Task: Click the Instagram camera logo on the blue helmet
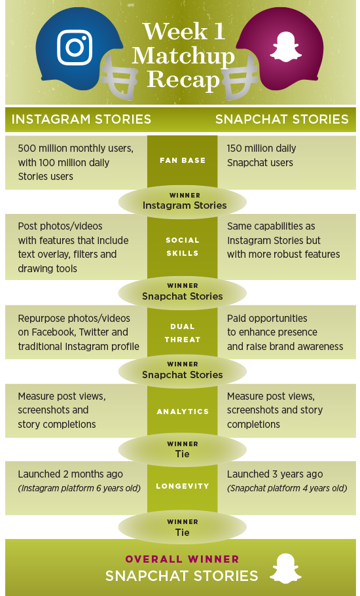point(75,48)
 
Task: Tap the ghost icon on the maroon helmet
point(285,46)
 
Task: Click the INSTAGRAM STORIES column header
point(81,119)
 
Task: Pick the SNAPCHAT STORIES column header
point(281,119)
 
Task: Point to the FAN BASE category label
point(183,160)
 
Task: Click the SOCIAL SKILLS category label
point(183,247)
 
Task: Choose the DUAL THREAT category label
point(183,333)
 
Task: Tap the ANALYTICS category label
point(183,412)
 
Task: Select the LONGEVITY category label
point(183,486)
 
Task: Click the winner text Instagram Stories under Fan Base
point(185,205)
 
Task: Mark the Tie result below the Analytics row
point(183,454)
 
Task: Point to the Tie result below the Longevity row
point(183,532)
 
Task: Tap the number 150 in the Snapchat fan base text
point(234,149)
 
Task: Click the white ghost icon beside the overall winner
point(285,569)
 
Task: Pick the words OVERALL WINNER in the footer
point(183,559)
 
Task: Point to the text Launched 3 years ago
point(275,474)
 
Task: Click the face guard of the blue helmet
point(118,76)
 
